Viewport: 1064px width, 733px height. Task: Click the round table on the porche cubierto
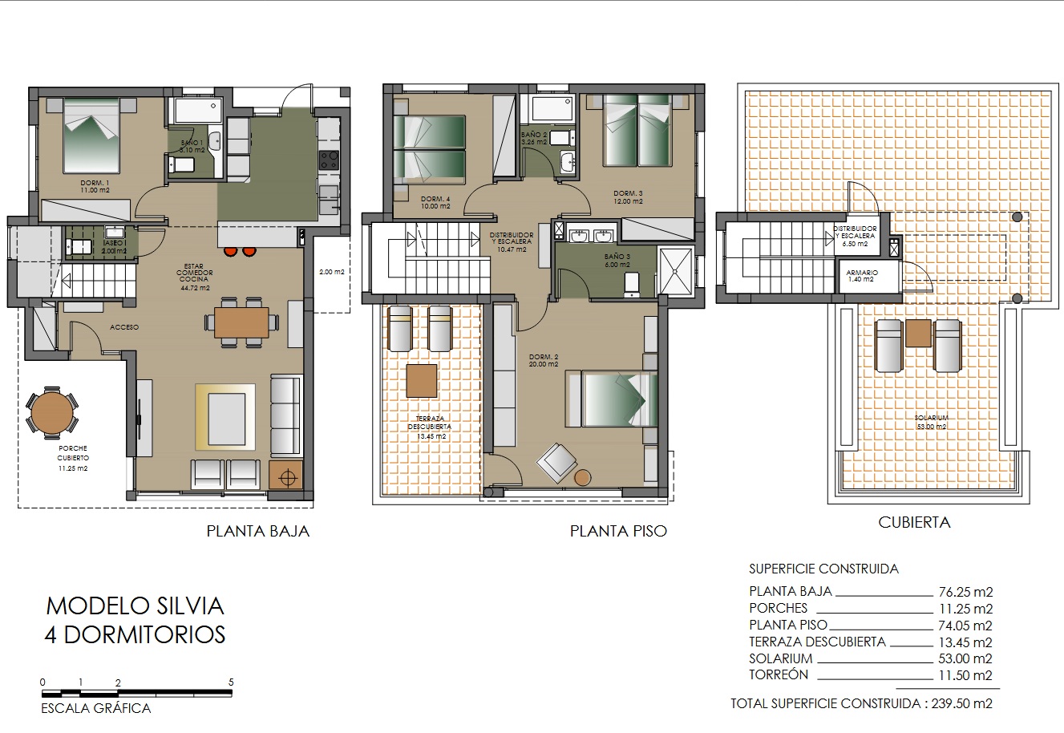[51, 411]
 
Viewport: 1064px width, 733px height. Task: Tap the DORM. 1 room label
[95, 187]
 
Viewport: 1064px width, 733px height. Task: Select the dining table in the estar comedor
[241, 322]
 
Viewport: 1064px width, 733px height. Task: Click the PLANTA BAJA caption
[257, 531]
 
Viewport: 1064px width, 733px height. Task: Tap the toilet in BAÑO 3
[631, 283]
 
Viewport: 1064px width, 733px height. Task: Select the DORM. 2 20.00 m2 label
[544, 360]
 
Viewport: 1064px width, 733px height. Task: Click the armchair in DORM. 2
[556, 463]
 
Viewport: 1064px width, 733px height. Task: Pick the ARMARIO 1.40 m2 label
[862, 276]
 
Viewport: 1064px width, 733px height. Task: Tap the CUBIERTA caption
[914, 522]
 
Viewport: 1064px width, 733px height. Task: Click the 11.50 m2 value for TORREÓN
[965, 675]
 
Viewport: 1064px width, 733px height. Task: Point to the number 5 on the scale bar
[231, 682]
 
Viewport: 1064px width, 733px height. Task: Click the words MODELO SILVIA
[135, 605]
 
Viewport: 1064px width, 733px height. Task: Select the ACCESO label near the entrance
[124, 327]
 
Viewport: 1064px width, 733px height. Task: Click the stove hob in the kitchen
[329, 160]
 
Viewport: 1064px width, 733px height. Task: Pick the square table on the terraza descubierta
[422, 381]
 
